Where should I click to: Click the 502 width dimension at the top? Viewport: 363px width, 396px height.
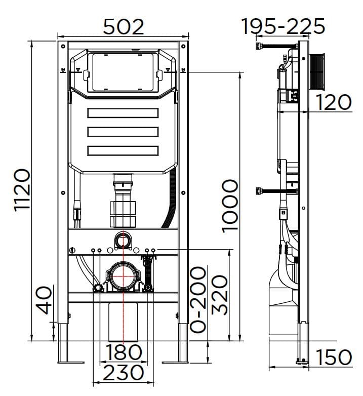click(x=124, y=26)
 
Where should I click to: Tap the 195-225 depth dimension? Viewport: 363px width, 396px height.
click(x=283, y=26)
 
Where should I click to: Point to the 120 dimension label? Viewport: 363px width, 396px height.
click(x=334, y=102)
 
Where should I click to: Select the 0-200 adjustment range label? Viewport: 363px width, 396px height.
click(x=199, y=300)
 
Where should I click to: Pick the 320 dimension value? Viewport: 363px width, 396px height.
click(x=219, y=295)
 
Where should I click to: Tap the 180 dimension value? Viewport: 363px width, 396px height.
click(x=124, y=351)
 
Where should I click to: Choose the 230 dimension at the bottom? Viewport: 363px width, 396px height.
click(x=124, y=373)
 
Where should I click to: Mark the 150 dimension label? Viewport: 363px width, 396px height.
click(x=334, y=357)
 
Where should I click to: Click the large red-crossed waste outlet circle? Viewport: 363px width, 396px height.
click(x=122, y=276)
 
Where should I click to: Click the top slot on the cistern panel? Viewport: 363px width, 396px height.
click(x=123, y=113)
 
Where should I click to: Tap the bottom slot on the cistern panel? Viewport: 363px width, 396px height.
click(x=123, y=150)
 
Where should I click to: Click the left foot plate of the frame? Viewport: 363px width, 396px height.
click(x=69, y=361)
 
